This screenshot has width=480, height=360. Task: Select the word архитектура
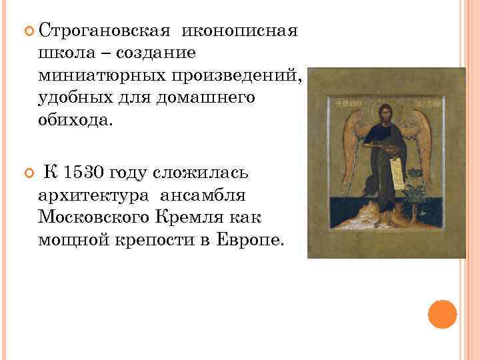93,195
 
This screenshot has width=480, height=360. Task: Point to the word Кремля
200,218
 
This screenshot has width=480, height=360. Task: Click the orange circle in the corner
442,314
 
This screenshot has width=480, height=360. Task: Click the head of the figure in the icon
385,113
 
